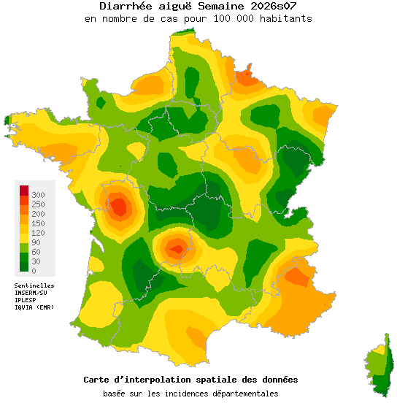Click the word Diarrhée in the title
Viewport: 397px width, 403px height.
[x=124, y=6]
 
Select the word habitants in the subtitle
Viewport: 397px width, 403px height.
[x=286, y=18]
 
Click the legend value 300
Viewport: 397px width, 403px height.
[x=38, y=195]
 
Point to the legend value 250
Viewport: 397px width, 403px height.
[x=38, y=204]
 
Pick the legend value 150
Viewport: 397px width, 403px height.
[x=38, y=223]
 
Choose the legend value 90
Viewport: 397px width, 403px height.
[x=36, y=242]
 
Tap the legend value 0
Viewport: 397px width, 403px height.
[x=34, y=271]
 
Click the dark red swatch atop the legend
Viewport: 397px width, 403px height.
[x=23, y=190]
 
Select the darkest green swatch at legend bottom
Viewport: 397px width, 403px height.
[x=23, y=270]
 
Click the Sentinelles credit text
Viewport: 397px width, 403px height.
[x=34, y=285]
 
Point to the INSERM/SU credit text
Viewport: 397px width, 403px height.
[x=31, y=293]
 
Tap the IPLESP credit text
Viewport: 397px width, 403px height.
[x=26, y=300]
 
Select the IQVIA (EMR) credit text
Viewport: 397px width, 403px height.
[x=34, y=307]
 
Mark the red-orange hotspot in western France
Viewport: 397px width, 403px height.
[x=119, y=207]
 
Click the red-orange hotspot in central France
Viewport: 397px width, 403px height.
[x=176, y=249]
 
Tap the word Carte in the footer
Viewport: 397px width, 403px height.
[x=96, y=380]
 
